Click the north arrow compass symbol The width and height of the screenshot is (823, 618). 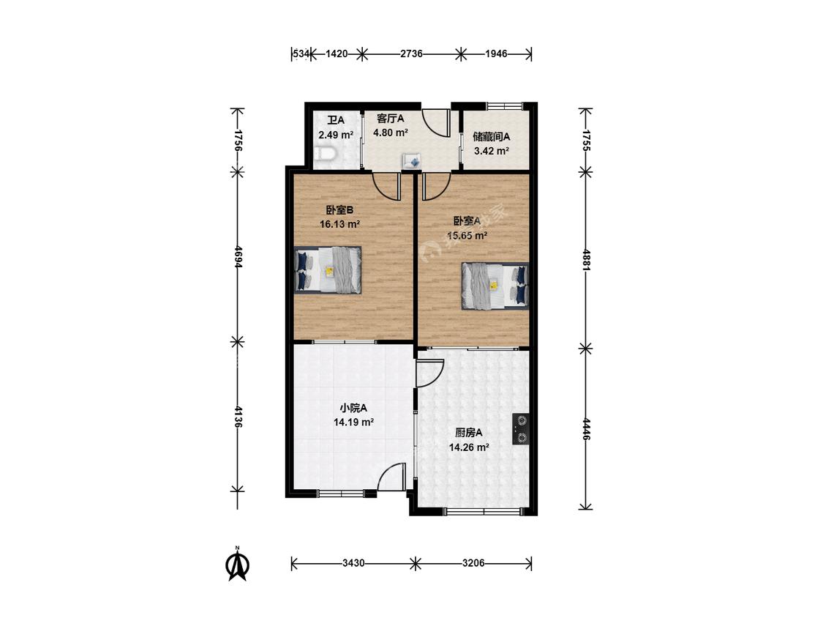click(x=237, y=564)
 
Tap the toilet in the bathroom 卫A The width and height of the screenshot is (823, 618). click(x=326, y=154)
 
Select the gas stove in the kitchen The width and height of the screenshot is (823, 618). click(x=521, y=429)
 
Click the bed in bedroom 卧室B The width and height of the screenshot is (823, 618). click(x=328, y=269)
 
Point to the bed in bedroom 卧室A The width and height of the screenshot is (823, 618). click(x=495, y=286)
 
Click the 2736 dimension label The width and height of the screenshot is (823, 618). click(x=411, y=53)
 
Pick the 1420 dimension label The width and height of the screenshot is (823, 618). click(x=337, y=53)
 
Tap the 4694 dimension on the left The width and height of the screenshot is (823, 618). click(x=238, y=257)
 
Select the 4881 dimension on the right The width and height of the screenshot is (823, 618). click(x=586, y=260)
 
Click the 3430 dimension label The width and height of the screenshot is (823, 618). click(x=353, y=563)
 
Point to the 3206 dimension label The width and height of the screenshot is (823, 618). click(x=473, y=563)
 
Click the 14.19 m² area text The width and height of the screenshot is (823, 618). click(x=353, y=422)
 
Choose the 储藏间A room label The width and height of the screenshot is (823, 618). click(x=492, y=137)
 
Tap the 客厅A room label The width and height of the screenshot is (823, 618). click(x=391, y=118)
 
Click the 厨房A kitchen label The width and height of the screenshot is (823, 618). click(x=469, y=433)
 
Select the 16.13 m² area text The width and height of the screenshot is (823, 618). click(x=339, y=224)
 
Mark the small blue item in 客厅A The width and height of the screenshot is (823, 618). click(x=411, y=161)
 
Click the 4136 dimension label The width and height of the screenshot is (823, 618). click(x=238, y=417)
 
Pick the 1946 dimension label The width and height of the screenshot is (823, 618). click(x=496, y=53)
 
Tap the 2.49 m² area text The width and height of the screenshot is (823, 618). click(x=336, y=135)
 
